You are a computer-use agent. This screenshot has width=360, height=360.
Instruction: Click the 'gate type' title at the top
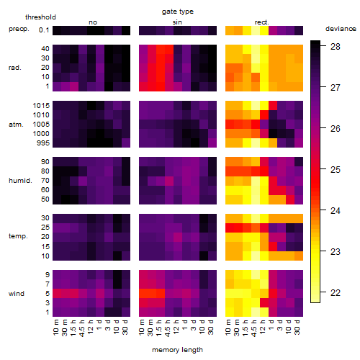(178, 12)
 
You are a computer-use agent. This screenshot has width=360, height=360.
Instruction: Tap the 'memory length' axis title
(177, 350)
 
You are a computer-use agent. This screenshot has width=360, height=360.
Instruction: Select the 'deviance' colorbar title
(341, 29)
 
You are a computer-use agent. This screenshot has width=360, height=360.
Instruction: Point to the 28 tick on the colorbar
(336, 46)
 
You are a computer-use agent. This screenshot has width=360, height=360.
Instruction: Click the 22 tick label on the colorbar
(336, 293)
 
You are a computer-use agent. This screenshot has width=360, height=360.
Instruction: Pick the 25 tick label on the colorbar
(336, 170)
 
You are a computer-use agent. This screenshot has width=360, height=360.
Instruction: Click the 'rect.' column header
(261, 22)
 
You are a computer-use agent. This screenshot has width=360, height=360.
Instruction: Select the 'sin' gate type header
(177, 22)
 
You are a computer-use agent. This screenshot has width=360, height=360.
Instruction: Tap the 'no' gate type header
(93, 22)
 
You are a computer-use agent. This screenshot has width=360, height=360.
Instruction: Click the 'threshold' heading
(40, 17)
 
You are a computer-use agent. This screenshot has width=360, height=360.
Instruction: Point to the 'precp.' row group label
(19, 29)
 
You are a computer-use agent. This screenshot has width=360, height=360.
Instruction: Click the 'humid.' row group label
(20, 180)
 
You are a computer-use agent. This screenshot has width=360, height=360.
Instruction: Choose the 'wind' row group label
(17, 293)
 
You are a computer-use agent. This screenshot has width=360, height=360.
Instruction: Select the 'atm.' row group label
(16, 125)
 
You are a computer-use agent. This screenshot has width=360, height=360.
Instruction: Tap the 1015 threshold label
(41, 106)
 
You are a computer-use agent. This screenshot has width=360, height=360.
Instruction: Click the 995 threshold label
(43, 143)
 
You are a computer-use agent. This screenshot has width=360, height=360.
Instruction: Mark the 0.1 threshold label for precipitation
(44, 30)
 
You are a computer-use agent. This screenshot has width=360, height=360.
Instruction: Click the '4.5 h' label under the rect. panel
(254, 328)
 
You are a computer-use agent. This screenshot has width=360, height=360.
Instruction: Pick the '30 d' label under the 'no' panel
(125, 327)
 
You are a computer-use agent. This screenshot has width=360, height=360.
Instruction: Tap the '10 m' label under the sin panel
(142, 328)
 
